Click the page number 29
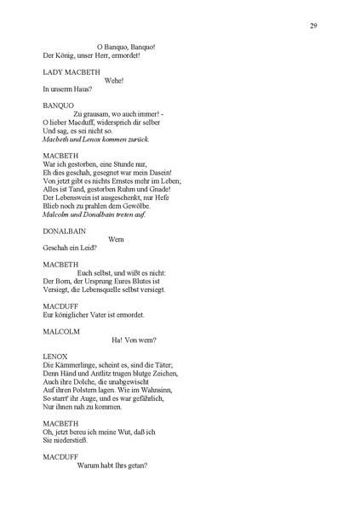313,26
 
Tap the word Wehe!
114,80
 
